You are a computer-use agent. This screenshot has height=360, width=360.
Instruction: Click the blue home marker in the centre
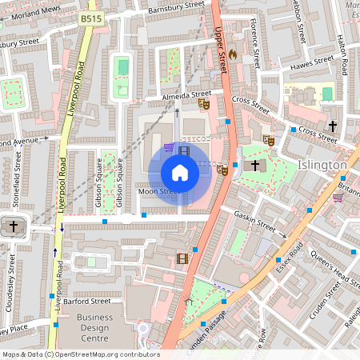(x=180, y=173)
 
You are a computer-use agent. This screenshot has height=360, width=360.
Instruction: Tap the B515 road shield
(x=90, y=17)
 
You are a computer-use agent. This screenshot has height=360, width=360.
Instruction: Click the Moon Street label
(x=157, y=192)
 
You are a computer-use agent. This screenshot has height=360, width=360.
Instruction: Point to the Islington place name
(x=322, y=165)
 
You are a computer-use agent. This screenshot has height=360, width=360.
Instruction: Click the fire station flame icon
(x=233, y=54)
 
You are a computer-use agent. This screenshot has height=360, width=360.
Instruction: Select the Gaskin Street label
(x=254, y=222)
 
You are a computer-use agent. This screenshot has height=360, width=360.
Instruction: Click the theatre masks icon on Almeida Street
(x=204, y=102)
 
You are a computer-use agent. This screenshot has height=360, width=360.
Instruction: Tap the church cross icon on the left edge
(x=12, y=226)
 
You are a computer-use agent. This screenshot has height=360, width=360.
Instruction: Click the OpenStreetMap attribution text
(x=80, y=354)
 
